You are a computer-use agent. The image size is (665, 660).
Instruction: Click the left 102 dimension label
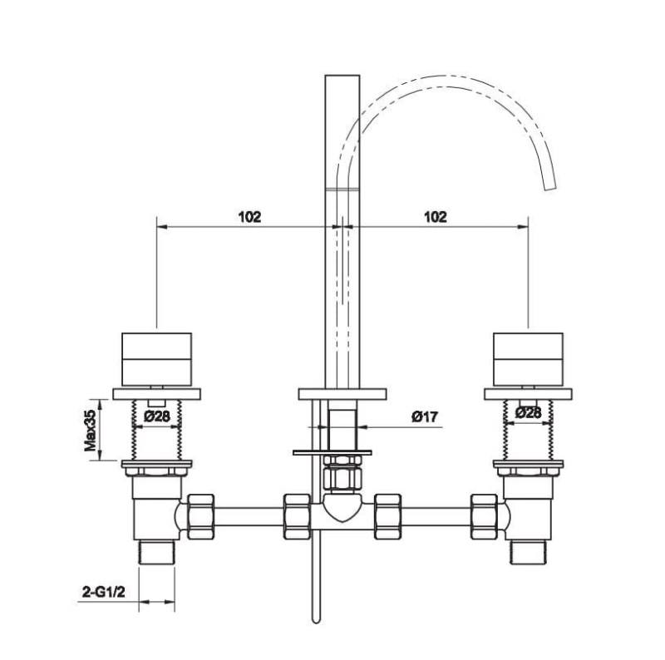(250, 217)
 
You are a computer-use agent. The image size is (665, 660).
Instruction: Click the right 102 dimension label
(436, 217)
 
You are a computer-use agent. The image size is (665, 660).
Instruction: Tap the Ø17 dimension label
(425, 417)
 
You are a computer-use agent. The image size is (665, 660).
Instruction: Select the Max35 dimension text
(91, 430)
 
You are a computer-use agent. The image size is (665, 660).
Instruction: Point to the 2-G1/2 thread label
(104, 592)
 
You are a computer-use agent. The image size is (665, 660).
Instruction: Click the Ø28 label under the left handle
(157, 416)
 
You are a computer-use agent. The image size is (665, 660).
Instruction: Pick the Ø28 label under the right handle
(529, 411)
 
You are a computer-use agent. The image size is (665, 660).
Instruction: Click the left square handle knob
(156, 359)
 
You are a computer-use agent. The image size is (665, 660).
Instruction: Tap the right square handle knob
(529, 359)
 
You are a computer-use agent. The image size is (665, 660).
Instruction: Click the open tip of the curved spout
(550, 188)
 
